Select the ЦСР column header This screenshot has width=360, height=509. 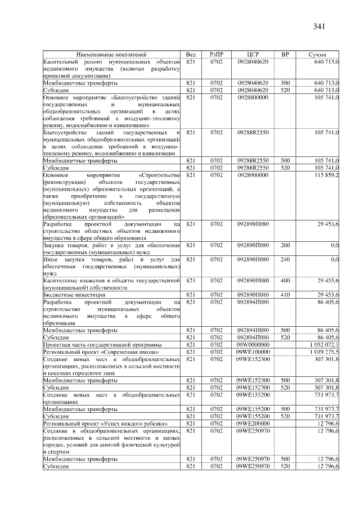[x=253, y=54]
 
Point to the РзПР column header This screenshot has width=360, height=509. [x=217, y=54]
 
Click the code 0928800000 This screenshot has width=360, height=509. [x=253, y=97]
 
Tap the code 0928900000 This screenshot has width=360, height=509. [x=253, y=175]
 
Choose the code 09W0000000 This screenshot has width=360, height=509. [x=253, y=344]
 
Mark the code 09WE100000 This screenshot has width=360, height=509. [x=253, y=352]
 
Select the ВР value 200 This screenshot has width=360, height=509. [x=285, y=245]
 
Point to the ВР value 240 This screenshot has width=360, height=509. [x=285, y=259]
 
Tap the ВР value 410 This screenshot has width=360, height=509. [x=285, y=294]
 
